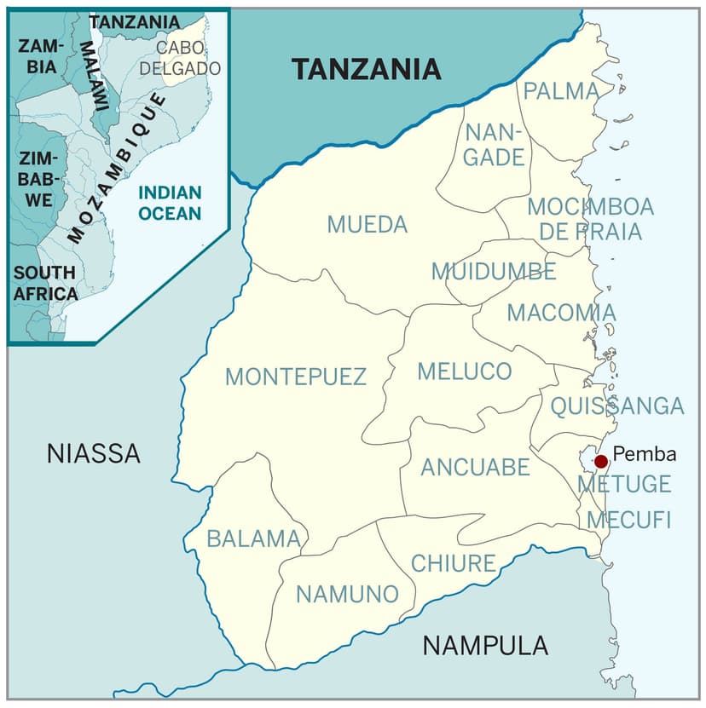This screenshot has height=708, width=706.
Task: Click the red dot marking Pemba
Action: coord(601,461)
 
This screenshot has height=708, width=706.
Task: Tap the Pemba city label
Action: coord(644,454)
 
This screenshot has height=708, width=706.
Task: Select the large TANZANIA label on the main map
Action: coord(367,69)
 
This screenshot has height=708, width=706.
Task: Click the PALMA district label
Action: coord(561,90)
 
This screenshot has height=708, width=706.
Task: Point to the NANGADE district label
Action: coord(494,145)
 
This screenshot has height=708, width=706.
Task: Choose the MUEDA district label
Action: coord(367,225)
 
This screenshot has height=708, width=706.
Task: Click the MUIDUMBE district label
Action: coord(493,272)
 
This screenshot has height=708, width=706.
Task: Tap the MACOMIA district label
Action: coord(561,313)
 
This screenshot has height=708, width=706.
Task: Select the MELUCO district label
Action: coord(464,371)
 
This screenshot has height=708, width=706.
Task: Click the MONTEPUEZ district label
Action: coord(295,377)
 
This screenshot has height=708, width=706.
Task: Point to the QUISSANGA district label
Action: coord(616,406)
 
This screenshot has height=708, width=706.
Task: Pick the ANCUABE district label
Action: coord(475,467)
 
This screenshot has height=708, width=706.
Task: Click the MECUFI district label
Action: coord(629,520)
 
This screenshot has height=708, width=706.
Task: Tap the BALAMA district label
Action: coord(254,538)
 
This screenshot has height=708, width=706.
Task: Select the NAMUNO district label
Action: coord(347,594)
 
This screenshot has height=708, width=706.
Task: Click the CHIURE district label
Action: coord(453,563)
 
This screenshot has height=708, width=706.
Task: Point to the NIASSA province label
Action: coord(94,453)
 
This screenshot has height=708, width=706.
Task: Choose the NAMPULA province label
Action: coord(485,646)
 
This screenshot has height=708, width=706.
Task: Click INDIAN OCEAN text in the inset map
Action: coord(170,203)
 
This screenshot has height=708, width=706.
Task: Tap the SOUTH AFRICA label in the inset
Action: coord(45,283)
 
